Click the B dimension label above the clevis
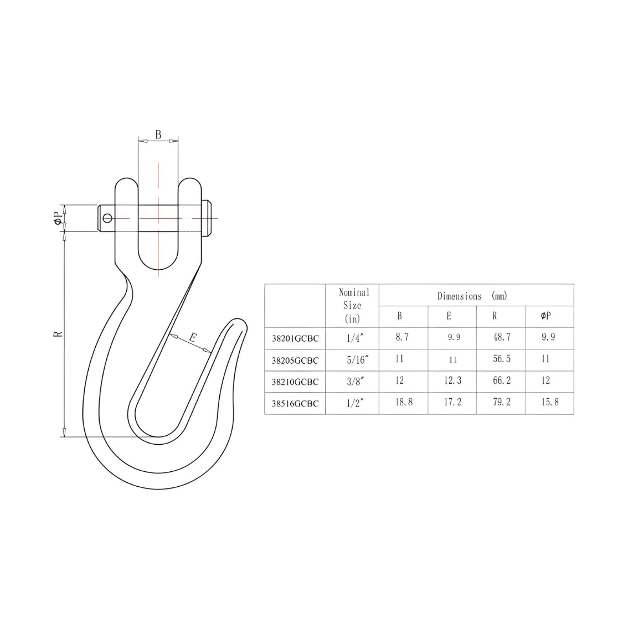(158, 135)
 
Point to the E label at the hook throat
(192, 337)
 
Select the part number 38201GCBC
(295, 338)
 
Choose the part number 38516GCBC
(295, 404)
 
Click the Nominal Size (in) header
(352, 305)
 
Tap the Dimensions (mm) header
(472, 296)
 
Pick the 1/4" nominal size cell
(353, 338)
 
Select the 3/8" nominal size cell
(353, 382)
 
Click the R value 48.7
(501, 337)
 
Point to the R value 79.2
(501, 403)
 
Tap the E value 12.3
(452, 381)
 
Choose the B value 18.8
(403, 403)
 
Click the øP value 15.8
(549, 403)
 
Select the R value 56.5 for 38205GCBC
(501, 359)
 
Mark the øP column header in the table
(545, 316)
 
